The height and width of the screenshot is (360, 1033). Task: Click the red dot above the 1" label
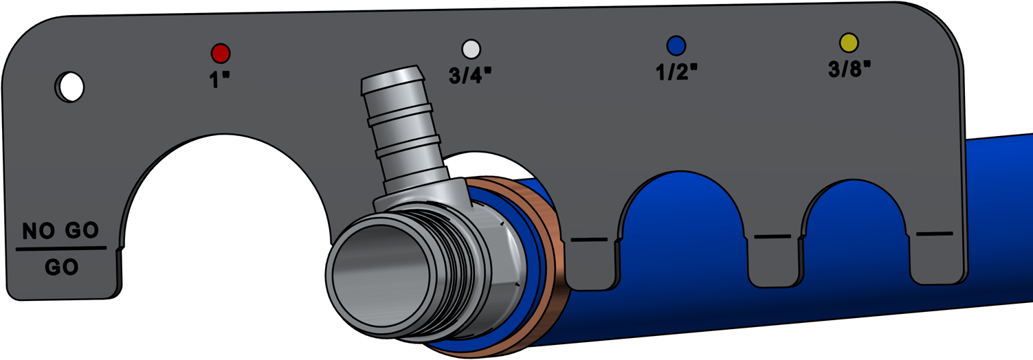(x=221, y=54)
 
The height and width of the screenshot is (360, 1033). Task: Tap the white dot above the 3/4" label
(x=471, y=49)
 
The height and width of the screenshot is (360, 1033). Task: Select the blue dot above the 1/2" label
(x=676, y=45)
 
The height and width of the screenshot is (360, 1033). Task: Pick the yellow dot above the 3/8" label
(x=849, y=43)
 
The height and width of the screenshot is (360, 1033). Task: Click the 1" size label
(x=219, y=80)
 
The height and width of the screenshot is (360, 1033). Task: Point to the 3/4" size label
(x=470, y=75)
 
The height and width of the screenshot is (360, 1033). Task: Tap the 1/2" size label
(x=676, y=72)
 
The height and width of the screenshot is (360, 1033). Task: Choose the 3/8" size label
(x=849, y=69)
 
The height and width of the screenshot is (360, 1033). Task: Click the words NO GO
(x=60, y=230)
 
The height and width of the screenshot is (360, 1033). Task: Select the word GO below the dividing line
(x=61, y=267)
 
